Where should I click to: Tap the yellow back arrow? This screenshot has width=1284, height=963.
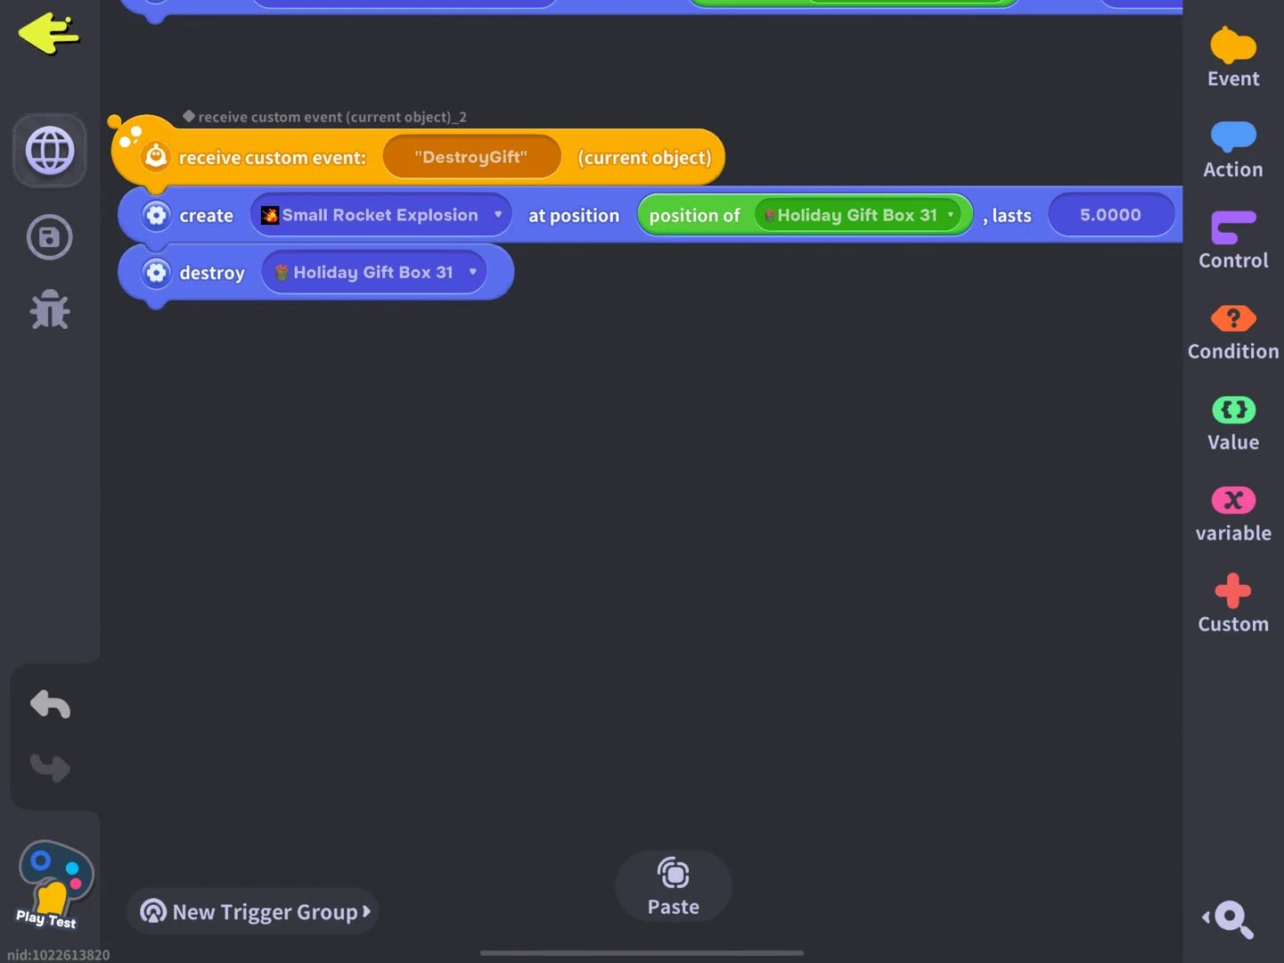pyautogui.click(x=49, y=34)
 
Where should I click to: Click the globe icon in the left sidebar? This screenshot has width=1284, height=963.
pyautogui.click(x=50, y=150)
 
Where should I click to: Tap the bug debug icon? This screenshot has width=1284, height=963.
pyautogui.click(x=50, y=309)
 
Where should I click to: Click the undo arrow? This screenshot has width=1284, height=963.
pyautogui.click(x=50, y=704)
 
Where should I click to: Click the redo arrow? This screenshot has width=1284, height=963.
pyautogui.click(x=50, y=767)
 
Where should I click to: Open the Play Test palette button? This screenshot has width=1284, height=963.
pyautogui.click(x=53, y=884)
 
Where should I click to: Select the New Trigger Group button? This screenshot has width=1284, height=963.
pyautogui.click(x=253, y=911)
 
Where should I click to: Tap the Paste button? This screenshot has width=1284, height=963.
pyautogui.click(x=673, y=886)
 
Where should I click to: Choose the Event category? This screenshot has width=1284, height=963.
pyautogui.click(x=1233, y=57)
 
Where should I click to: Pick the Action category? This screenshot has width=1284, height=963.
pyautogui.click(x=1233, y=149)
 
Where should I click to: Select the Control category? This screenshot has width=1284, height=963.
pyautogui.click(x=1233, y=240)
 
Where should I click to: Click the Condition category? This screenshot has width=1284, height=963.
pyautogui.click(x=1233, y=331)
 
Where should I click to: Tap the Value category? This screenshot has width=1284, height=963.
pyautogui.click(x=1233, y=422)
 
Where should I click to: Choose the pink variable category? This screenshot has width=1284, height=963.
pyautogui.click(x=1233, y=513)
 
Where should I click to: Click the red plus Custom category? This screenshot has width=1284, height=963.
pyautogui.click(x=1233, y=604)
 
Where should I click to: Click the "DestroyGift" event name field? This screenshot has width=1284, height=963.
pyautogui.click(x=470, y=157)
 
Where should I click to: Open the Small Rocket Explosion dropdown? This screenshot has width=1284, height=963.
pyautogui.click(x=380, y=215)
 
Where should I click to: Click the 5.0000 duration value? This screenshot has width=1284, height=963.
pyautogui.click(x=1110, y=215)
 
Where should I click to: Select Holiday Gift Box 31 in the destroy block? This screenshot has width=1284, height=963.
pyautogui.click(x=374, y=272)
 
